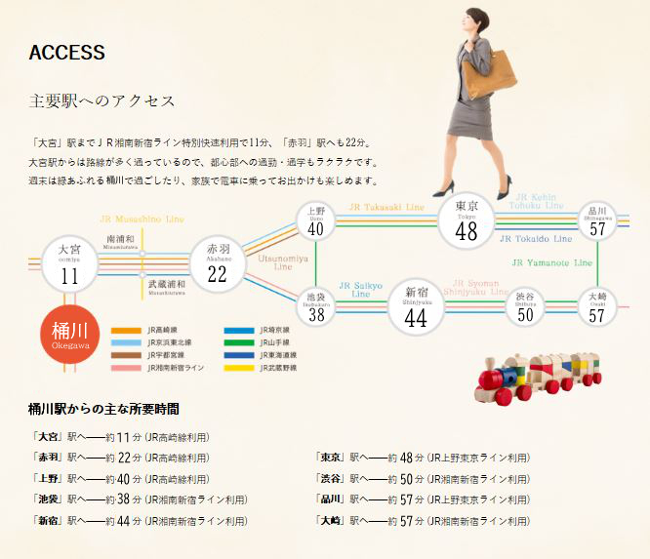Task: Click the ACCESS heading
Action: [x=67, y=53]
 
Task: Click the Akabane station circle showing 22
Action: [x=217, y=264]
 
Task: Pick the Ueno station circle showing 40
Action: [x=315, y=222]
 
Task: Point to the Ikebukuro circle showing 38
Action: [x=315, y=306]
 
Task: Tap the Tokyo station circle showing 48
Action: [x=467, y=221]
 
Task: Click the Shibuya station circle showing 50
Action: [x=525, y=306]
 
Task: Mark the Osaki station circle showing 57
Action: [x=597, y=306]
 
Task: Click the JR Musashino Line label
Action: [x=142, y=220]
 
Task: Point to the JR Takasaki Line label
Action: [x=387, y=208]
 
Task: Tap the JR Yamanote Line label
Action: [x=552, y=263]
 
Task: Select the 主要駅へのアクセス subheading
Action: [x=102, y=101]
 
